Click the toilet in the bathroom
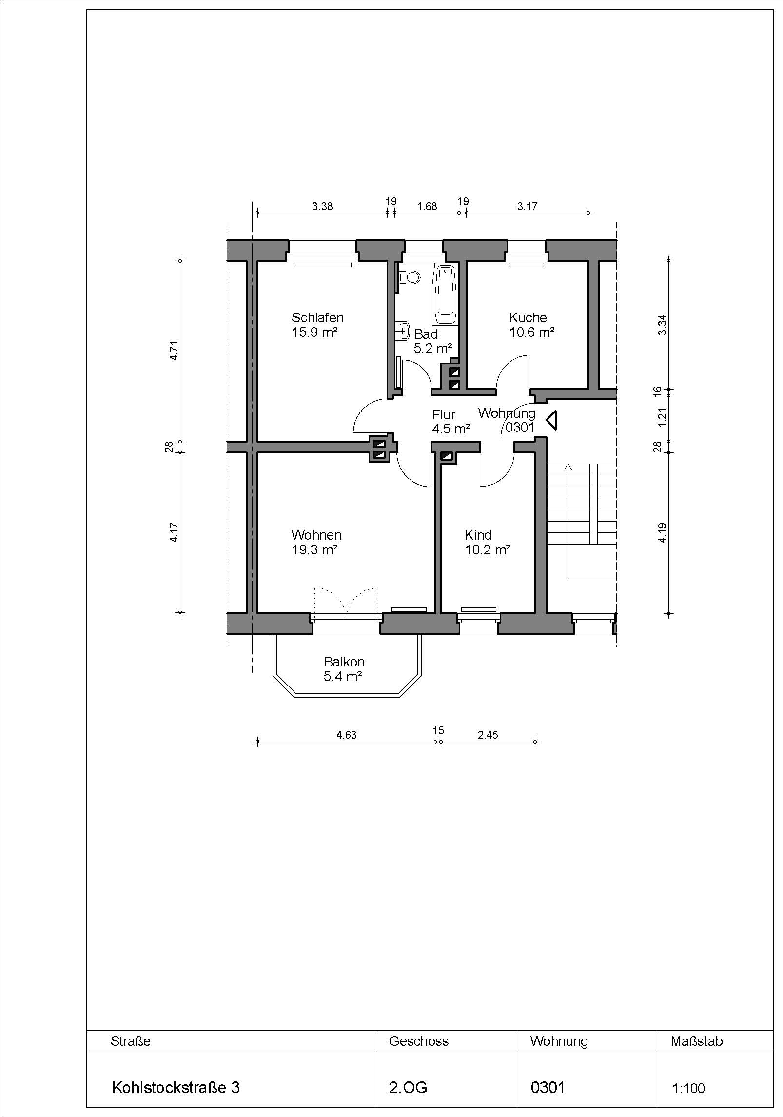(x=409, y=277)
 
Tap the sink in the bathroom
(x=403, y=331)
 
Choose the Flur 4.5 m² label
(x=450, y=422)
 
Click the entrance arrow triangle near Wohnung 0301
(x=552, y=420)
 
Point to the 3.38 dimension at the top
(x=322, y=206)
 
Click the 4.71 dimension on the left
(x=175, y=350)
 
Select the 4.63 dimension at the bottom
(x=347, y=735)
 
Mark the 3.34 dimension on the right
(x=662, y=325)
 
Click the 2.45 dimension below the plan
(x=488, y=735)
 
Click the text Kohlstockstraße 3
(x=176, y=1087)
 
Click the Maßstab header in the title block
(x=697, y=1041)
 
